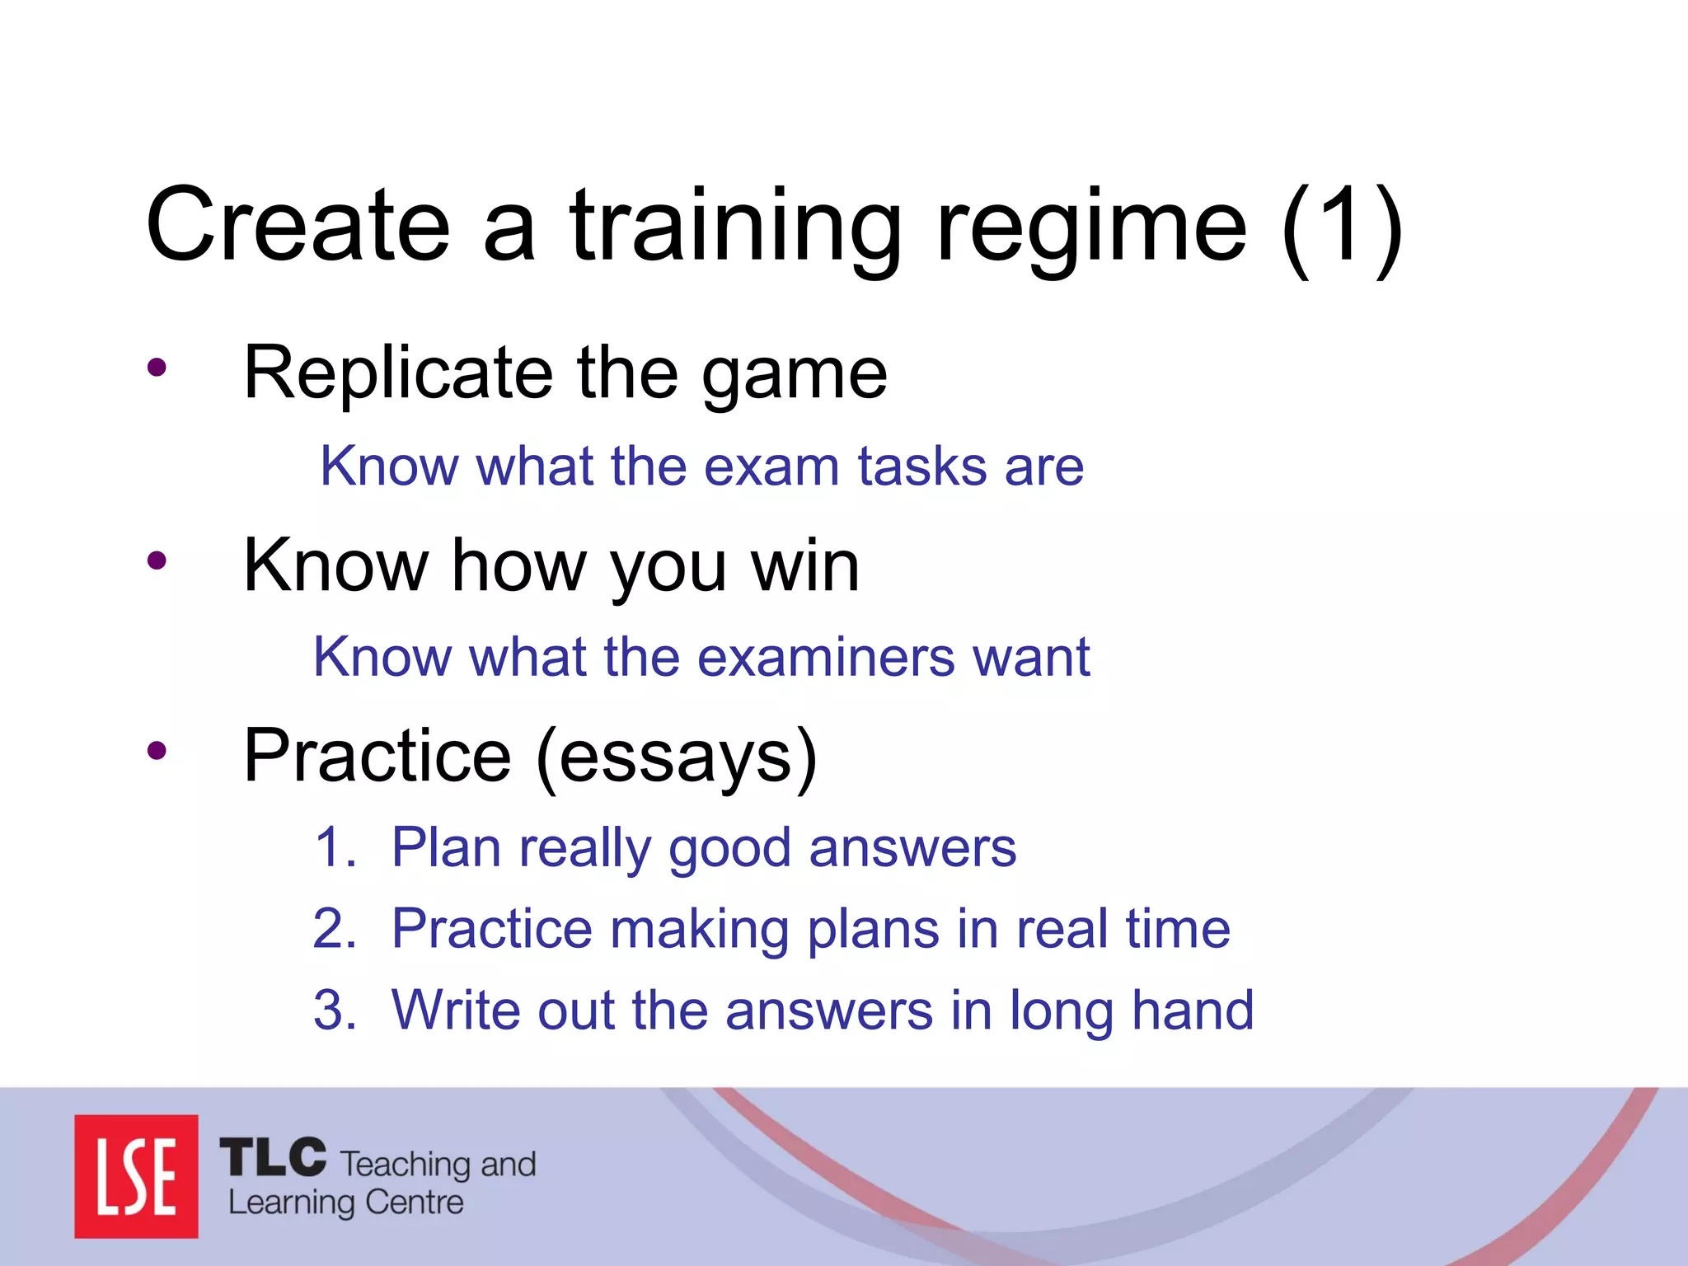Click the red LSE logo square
(136, 1176)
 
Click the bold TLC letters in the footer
(273, 1157)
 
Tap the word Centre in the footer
(414, 1203)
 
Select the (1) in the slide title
(1342, 227)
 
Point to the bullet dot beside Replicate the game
(157, 368)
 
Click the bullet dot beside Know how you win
(157, 561)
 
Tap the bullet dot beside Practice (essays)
(157, 751)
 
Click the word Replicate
(398, 373)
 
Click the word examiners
(826, 657)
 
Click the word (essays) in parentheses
(676, 757)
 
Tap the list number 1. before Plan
(335, 847)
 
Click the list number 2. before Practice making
(335, 929)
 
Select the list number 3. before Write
(335, 1010)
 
